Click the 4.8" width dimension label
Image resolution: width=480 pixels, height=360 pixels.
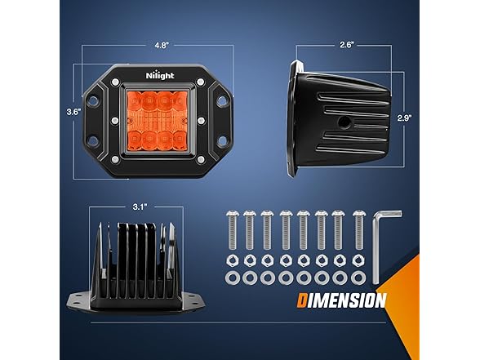click(x=162, y=46)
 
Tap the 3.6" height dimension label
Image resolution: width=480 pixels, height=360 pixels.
click(x=73, y=112)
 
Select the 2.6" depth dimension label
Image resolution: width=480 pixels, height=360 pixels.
click(x=347, y=45)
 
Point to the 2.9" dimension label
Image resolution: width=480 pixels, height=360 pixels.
click(x=404, y=118)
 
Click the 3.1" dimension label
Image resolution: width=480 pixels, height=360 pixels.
click(x=140, y=207)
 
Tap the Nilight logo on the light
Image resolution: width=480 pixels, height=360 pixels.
click(x=160, y=76)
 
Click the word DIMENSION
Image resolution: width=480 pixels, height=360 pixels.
click(x=341, y=300)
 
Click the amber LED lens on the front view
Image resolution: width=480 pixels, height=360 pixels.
click(x=158, y=119)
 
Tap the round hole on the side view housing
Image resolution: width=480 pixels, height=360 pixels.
click(x=342, y=122)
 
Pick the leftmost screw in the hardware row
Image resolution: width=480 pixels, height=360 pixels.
click(x=232, y=229)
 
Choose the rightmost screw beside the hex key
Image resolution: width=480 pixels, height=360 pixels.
click(x=359, y=229)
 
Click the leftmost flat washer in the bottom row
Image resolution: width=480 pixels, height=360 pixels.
click(x=231, y=278)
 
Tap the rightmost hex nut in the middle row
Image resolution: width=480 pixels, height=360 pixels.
click(x=358, y=261)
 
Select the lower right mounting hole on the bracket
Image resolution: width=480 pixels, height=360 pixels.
click(x=222, y=140)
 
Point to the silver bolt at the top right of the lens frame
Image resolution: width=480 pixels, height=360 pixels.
click(x=201, y=82)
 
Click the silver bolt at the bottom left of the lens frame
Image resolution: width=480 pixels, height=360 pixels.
click(x=115, y=159)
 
